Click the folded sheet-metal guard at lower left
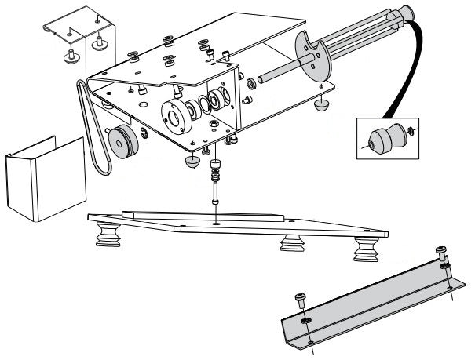(x=44, y=179)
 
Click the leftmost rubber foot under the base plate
(x=108, y=235)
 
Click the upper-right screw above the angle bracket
(x=441, y=253)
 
